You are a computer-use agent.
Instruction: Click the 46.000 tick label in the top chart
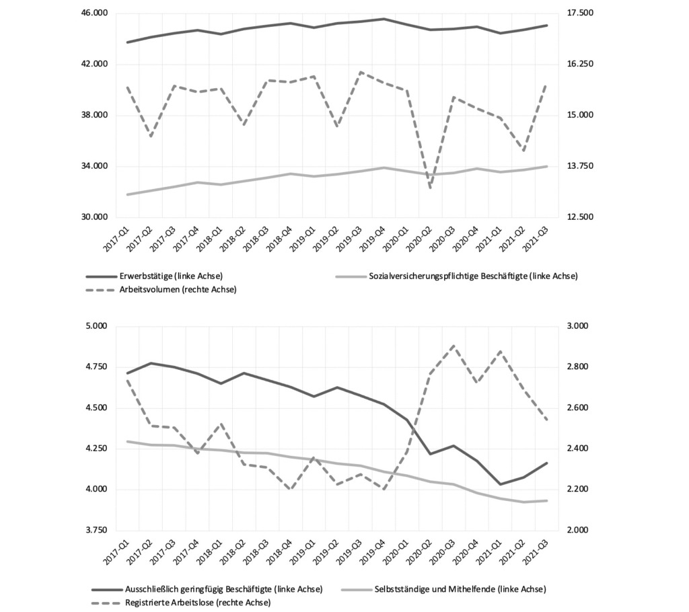(95, 13)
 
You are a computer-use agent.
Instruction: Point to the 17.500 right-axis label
(580, 13)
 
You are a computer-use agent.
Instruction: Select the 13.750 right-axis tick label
(580, 166)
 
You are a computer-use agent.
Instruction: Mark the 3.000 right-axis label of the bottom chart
(578, 326)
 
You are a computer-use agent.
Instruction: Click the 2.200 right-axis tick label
(578, 490)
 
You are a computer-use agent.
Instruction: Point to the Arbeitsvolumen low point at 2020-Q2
(431, 188)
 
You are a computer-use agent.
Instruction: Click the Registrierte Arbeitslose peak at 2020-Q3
(454, 346)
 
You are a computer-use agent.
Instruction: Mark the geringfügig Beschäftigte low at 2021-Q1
(500, 484)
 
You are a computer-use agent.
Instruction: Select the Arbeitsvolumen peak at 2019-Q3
(361, 72)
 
